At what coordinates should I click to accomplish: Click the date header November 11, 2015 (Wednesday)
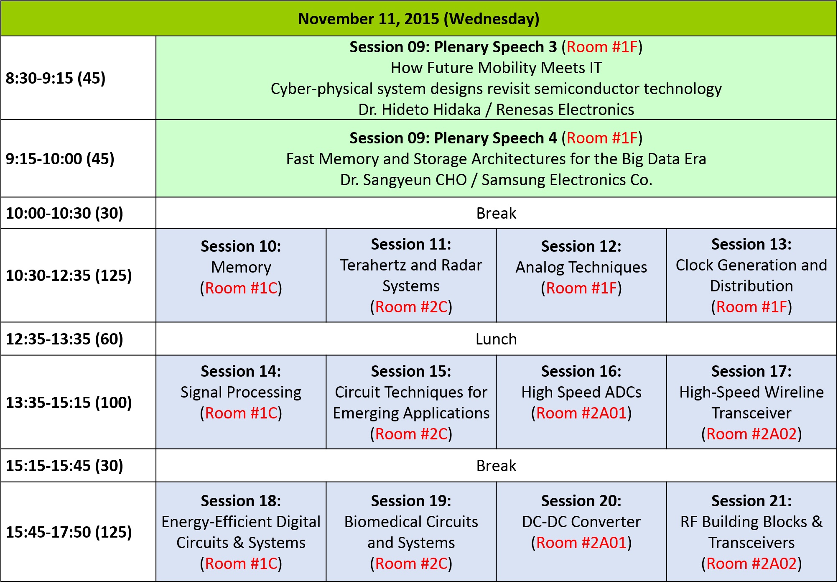[x=418, y=19]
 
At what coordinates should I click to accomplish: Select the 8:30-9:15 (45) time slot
[x=56, y=78]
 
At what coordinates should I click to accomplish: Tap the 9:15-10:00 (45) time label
[x=60, y=159]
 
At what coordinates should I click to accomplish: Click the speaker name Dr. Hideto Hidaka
[x=420, y=110]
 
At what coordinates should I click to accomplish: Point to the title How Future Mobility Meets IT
[x=496, y=68]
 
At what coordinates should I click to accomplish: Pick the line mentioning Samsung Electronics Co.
[x=496, y=180]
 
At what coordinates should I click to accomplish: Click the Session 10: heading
[x=241, y=246]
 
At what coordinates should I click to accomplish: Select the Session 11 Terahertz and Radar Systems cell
[x=411, y=275]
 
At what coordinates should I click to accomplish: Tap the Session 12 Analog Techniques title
[x=581, y=267]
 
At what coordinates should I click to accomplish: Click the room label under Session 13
[x=751, y=307]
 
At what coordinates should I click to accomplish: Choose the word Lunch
[x=496, y=339]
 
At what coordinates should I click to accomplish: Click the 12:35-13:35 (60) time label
[x=64, y=339]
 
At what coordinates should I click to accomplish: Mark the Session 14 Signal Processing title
[x=241, y=392]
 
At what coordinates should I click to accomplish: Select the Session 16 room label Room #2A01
[x=581, y=413]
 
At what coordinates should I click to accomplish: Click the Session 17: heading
[x=751, y=371]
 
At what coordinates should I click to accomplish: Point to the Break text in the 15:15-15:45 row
[x=496, y=466]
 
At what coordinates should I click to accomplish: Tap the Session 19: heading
[x=411, y=501]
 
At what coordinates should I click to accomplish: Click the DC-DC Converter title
[x=581, y=522]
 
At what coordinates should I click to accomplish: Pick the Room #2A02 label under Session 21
[x=751, y=564]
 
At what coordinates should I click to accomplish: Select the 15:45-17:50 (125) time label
[x=69, y=532]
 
